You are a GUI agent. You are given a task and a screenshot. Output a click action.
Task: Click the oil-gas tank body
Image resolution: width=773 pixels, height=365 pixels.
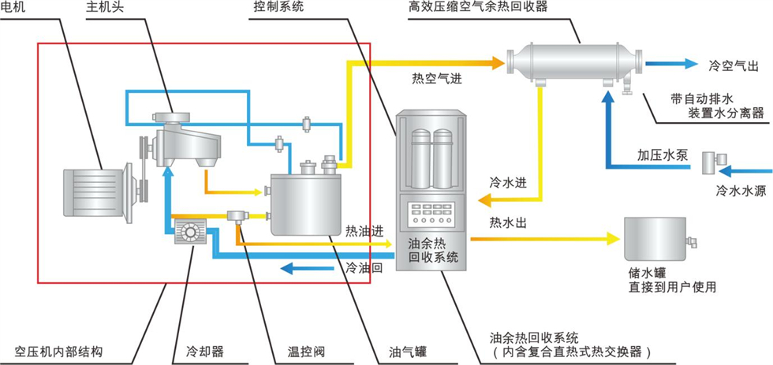[x=304, y=203]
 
